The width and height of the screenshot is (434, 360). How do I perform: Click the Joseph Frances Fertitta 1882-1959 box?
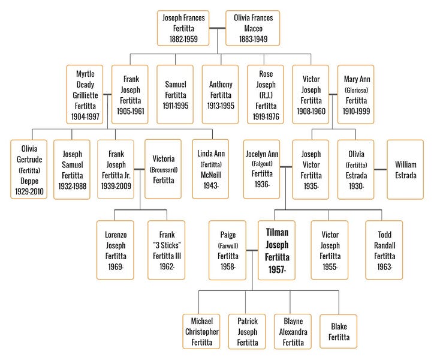pyautogui.click(x=183, y=28)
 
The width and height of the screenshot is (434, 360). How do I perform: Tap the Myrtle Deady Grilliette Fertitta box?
pyautogui.click(x=85, y=94)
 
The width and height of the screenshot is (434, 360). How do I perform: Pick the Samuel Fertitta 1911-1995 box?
pyautogui.click(x=175, y=94)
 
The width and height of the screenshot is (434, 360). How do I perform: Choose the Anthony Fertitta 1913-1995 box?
pyautogui.click(x=220, y=94)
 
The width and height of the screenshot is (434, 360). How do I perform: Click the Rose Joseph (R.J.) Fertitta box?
pyautogui.click(x=265, y=94)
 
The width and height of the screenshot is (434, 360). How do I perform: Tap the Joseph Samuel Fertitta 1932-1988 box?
pyautogui.click(x=72, y=169)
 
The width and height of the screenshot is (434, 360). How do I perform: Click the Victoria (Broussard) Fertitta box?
pyautogui.click(x=163, y=169)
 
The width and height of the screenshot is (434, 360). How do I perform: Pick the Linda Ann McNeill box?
pyautogui.click(x=210, y=169)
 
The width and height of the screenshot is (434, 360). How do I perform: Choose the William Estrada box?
pyautogui.click(x=405, y=169)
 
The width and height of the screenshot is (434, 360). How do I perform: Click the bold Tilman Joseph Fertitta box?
pyautogui.click(x=277, y=250)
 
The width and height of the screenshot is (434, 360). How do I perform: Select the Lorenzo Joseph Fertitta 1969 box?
pyautogui.click(x=114, y=250)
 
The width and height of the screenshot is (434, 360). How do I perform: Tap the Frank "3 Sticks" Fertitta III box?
pyautogui.click(x=166, y=250)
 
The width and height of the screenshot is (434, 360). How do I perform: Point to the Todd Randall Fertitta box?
pyautogui.click(x=384, y=250)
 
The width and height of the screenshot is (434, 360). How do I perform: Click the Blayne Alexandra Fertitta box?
pyautogui.click(x=293, y=331)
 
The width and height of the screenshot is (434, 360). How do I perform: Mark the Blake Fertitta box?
pyautogui.click(x=338, y=331)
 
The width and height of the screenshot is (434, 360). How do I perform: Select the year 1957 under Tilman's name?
pyautogui.click(x=277, y=271)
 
